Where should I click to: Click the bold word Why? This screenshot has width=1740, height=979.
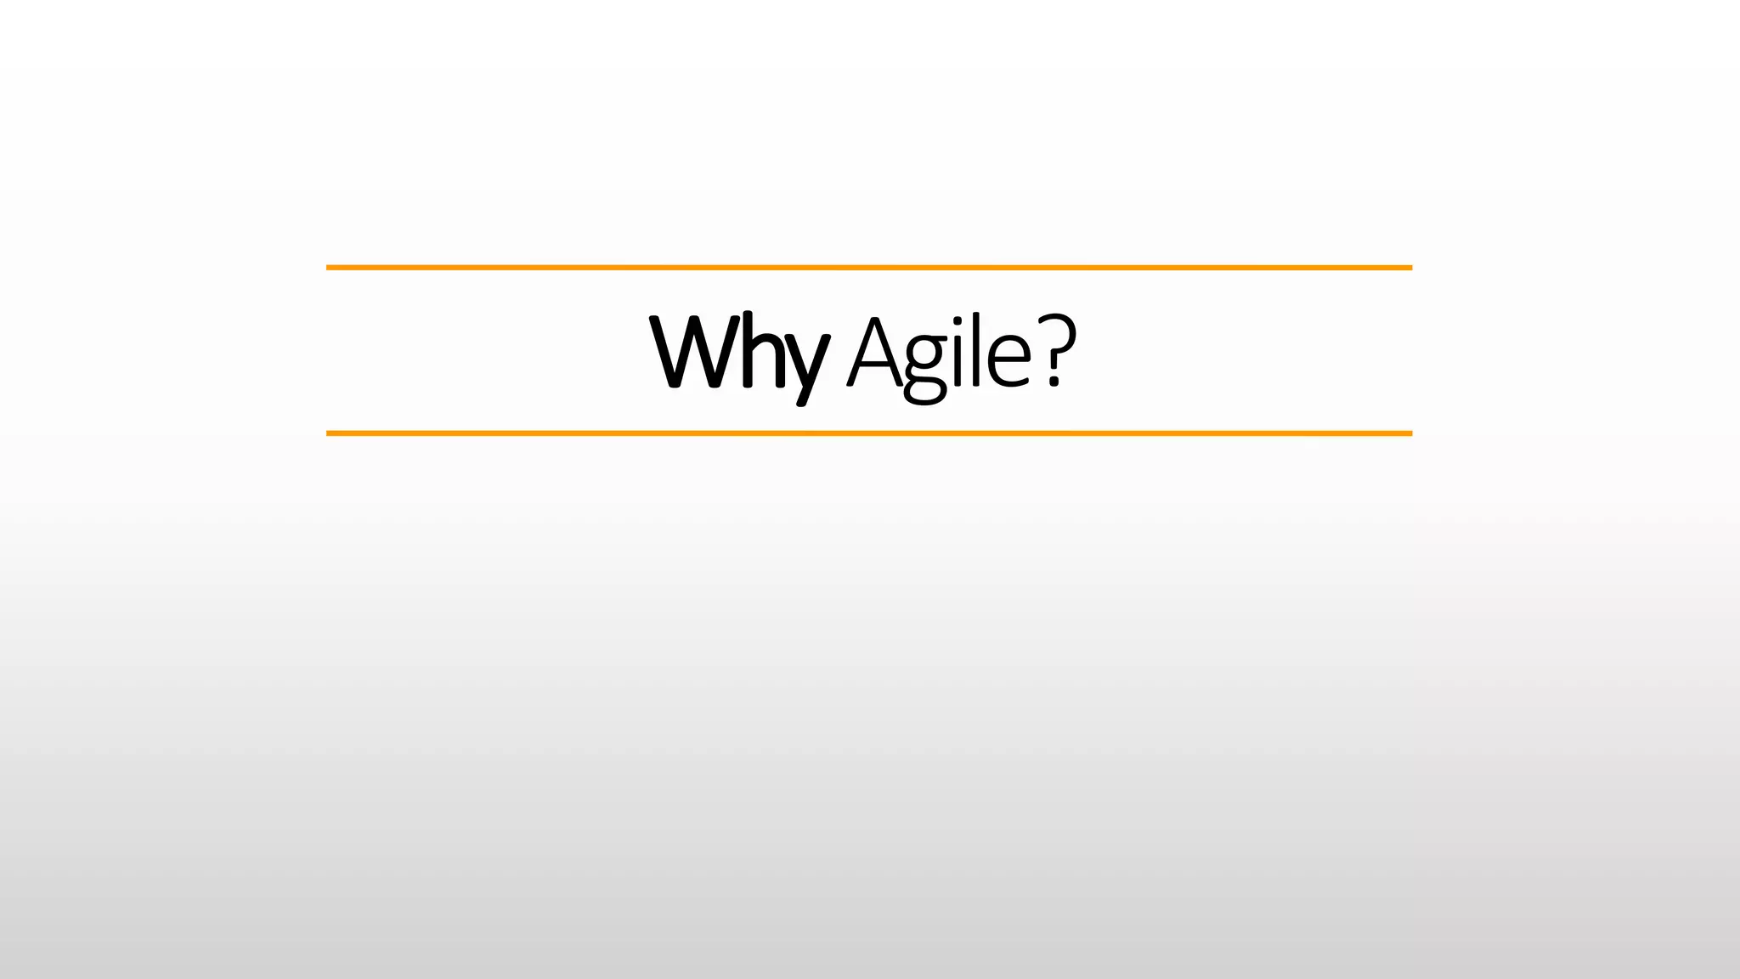point(737,353)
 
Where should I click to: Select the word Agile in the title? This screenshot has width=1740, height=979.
point(939,353)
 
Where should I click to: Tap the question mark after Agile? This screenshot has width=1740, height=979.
point(1056,348)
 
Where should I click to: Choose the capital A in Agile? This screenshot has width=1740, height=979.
point(873,353)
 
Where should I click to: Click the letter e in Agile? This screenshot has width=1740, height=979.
point(1009,361)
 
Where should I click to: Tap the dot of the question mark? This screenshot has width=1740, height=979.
point(1054,382)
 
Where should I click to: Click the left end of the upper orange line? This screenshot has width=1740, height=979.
point(330,268)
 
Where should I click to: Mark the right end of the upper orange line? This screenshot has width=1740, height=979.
point(1409,268)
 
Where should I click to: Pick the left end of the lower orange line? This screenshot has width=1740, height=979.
point(330,433)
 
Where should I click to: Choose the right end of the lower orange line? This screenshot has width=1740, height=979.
point(1409,433)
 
